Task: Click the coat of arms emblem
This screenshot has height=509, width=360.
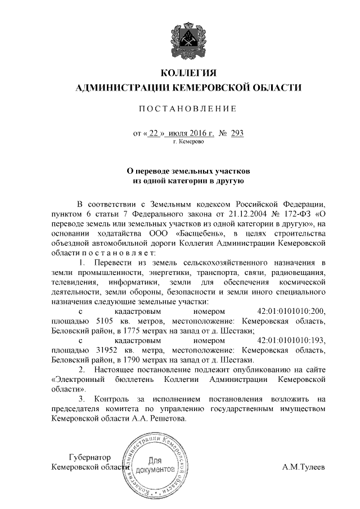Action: coord(188,40)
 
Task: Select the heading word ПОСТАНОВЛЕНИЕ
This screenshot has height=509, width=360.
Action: coord(188,108)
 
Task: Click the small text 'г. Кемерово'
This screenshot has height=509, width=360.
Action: coord(188,142)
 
